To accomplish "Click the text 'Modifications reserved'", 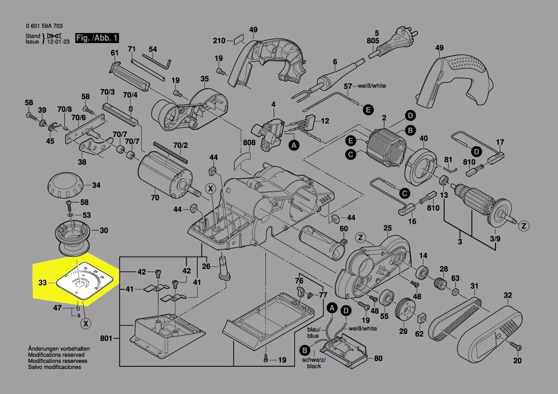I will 56,355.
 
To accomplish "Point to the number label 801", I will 106,339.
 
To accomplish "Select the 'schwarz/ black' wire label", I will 314,363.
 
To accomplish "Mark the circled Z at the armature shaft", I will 523,226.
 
